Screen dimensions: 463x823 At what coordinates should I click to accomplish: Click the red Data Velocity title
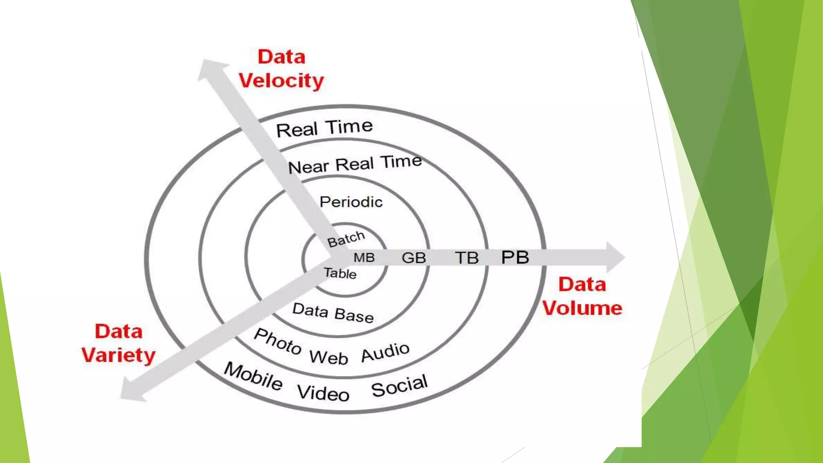coord(281,69)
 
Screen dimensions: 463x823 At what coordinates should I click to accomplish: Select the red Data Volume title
coord(582,296)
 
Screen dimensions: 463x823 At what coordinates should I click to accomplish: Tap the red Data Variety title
coord(119,343)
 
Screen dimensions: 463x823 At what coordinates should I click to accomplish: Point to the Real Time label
coord(324,128)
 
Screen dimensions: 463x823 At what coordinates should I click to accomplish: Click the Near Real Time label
coord(355,164)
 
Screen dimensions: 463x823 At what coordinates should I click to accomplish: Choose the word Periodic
coord(351,202)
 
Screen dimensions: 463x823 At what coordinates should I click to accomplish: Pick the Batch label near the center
coord(346,239)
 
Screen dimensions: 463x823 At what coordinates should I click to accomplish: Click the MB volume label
coord(364,258)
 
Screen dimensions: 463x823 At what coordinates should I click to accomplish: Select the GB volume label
coord(414,258)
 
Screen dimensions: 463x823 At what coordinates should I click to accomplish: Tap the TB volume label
coord(467,258)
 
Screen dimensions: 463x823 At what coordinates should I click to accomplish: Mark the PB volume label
coord(515,258)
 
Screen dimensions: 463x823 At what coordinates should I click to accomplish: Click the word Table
coord(340,273)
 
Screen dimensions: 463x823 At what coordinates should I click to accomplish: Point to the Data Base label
coord(333,313)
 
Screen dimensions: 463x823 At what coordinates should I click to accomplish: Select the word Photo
coord(278,341)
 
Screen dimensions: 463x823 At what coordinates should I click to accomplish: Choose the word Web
coord(328,357)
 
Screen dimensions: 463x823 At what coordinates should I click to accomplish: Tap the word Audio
coord(385,352)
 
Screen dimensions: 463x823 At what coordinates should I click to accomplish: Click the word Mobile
coord(253,376)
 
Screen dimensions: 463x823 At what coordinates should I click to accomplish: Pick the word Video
coord(323,393)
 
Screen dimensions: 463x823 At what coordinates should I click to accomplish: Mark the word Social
coord(399,385)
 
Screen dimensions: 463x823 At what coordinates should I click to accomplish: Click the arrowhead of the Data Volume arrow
coord(615,257)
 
